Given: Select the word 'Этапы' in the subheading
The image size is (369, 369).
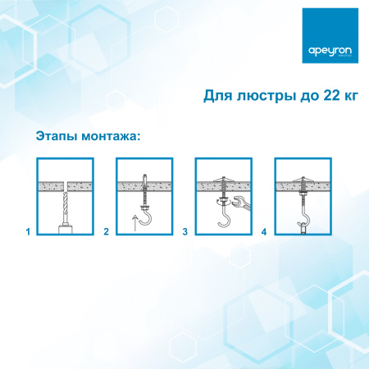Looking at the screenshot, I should pos(57,134).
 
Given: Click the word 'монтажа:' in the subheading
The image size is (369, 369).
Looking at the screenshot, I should pos(112,134).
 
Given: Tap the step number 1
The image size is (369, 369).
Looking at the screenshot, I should pos(28,232).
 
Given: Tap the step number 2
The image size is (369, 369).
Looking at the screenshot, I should pos(107,232).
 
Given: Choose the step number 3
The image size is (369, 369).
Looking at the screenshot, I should pos(185,232).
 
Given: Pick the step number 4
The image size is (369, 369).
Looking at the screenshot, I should pos(264,232).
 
